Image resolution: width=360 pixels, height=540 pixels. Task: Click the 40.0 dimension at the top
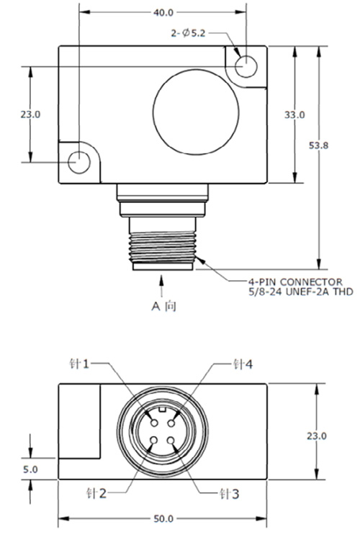163,12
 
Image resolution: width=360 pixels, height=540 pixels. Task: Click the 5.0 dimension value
30,469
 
